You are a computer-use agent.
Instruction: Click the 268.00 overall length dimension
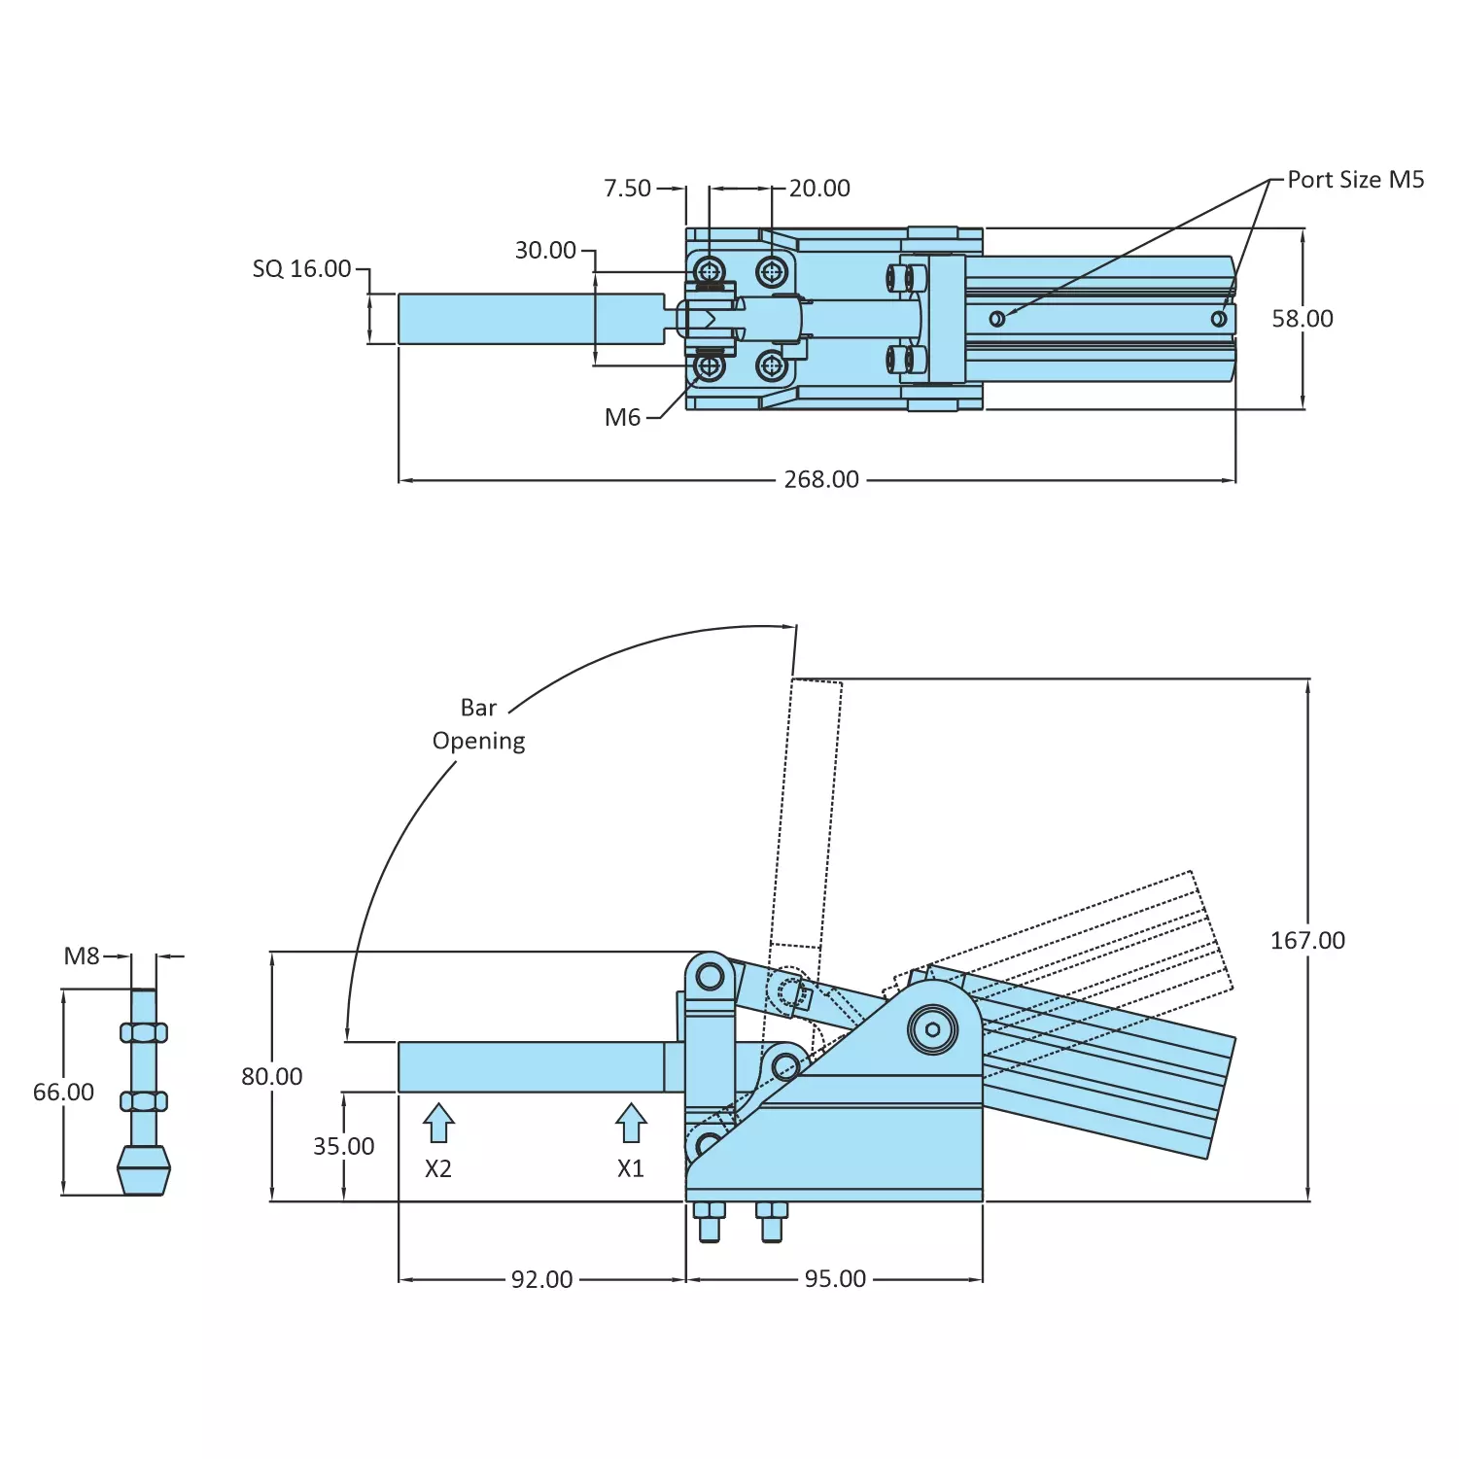pos(821,479)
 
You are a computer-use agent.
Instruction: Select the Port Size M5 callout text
pos(1355,180)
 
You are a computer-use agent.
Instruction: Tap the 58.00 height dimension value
pos(1302,319)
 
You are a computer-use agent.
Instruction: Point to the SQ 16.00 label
pos(301,269)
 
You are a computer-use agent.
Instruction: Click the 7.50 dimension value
pos(627,189)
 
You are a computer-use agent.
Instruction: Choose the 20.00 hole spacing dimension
pos(818,189)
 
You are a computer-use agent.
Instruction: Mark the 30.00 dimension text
pos(545,251)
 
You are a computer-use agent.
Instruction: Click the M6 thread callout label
pos(622,418)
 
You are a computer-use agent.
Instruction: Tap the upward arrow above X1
pos(631,1123)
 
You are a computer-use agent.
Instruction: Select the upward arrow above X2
pos(438,1123)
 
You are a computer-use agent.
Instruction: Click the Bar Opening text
pos(478,724)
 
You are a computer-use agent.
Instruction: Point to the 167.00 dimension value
pos(1307,941)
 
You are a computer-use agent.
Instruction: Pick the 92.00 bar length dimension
pos(541,1279)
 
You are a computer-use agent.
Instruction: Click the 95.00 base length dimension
pos(834,1279)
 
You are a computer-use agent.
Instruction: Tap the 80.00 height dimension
pos(272,1077)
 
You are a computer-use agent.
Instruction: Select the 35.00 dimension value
pos(343,1147)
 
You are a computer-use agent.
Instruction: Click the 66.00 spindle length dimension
pos(63,1093)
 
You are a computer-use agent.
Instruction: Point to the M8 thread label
pos(82,956)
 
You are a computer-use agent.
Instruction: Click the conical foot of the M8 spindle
pos(144,1170)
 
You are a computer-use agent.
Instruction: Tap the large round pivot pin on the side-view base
pos(932,1029)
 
